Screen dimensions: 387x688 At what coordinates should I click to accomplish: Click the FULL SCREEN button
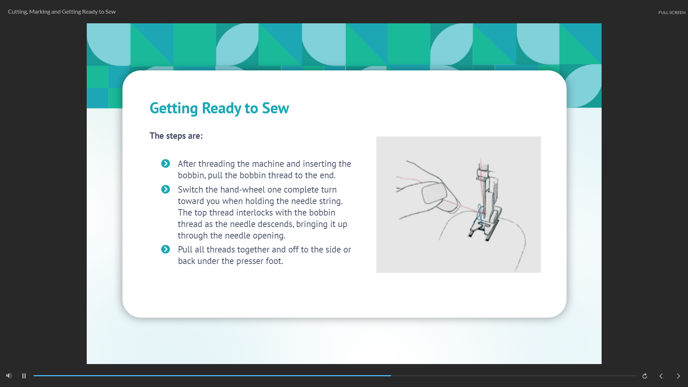[x=672, y=13]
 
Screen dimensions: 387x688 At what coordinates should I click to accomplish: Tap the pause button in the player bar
[x=24, y=376]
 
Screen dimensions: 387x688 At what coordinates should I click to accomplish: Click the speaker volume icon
[x=9, y=376]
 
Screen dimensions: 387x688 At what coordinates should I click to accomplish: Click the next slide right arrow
[x=678, y=376]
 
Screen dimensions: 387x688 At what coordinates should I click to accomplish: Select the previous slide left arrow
[x=661, y=376]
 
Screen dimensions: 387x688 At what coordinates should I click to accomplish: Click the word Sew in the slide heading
[x=275, y=108]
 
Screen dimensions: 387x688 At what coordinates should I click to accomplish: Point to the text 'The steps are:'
[x=176, y=136]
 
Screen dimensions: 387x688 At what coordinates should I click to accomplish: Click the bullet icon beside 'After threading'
[x=165, y=164]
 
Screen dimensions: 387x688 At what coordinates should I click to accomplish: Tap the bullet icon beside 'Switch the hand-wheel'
[x=165, y=189]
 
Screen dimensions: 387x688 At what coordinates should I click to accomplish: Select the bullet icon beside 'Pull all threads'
[x=165, y=249]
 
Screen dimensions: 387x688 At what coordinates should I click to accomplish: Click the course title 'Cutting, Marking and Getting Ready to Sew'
[x=62, y=12]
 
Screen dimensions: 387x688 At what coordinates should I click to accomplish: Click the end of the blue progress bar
[x=390, y=376]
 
